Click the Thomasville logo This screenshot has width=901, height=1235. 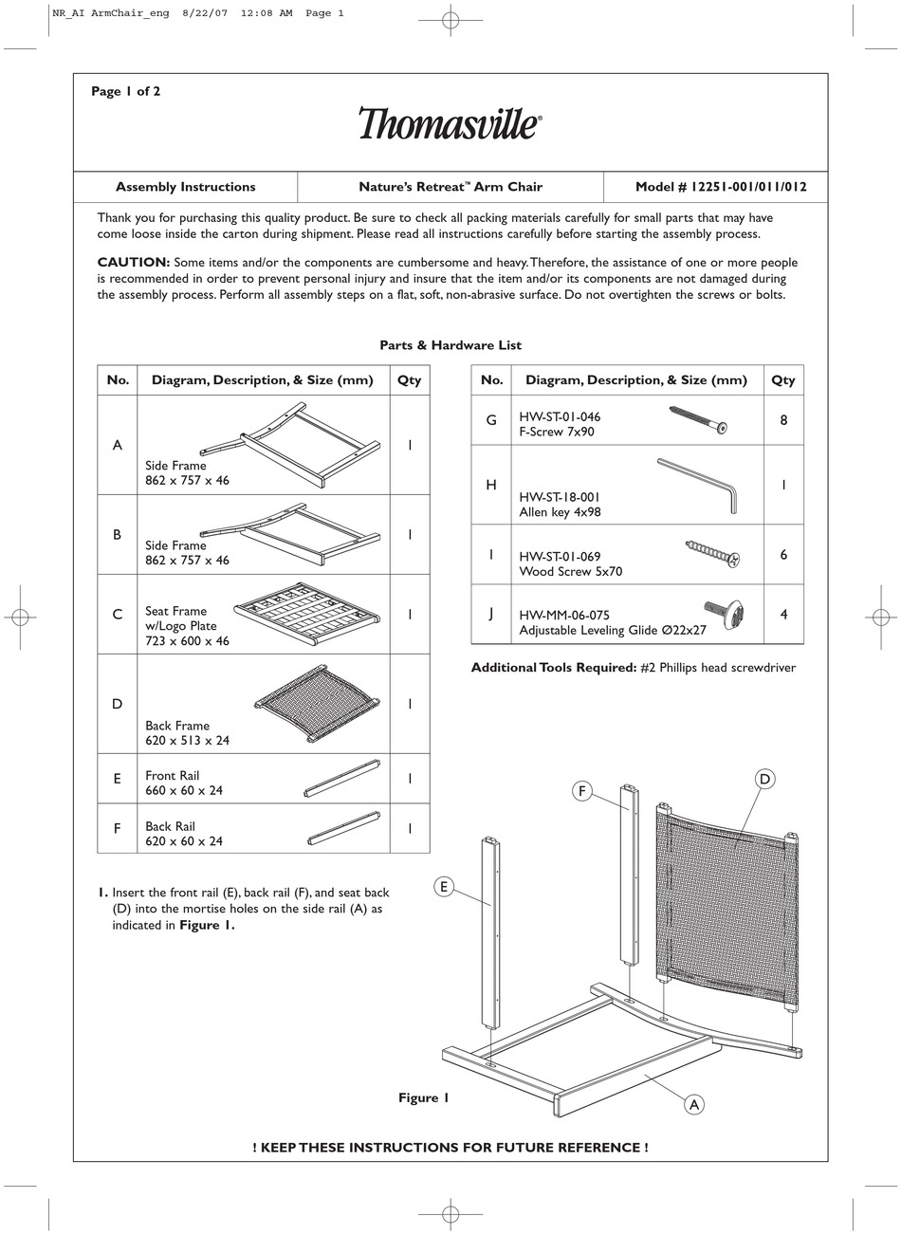(450, 123)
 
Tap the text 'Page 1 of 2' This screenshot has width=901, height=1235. (125, 91)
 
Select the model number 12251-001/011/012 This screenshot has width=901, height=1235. (721, 187)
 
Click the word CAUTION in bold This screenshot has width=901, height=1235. (134, 263)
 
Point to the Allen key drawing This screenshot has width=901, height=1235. (698, 484)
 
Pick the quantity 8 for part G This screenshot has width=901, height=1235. (783, 419)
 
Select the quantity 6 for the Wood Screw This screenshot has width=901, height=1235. (783, 554)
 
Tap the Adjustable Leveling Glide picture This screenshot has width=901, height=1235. (723, 615)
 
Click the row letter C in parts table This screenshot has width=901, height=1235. (118, 615)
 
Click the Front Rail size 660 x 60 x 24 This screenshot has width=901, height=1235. (184, 790)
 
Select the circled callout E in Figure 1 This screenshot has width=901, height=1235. (443, 887)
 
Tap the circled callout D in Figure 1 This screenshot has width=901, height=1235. (765, 779)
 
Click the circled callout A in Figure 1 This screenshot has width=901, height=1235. (694, 1104)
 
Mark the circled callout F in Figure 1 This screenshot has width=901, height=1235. (582, 790)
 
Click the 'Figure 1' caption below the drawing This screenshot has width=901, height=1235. (423, 1097)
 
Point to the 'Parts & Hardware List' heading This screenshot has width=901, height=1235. (450, 345)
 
